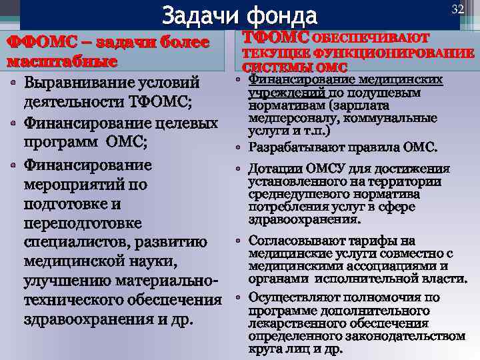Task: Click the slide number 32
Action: [457, 9]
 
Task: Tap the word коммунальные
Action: [395, 119]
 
